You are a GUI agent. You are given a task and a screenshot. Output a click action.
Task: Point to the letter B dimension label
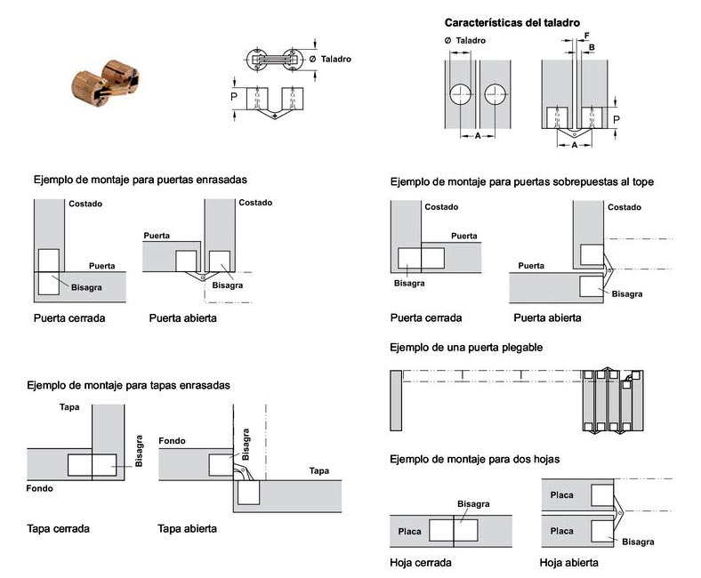592,47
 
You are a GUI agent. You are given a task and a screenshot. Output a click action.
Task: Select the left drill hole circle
463,95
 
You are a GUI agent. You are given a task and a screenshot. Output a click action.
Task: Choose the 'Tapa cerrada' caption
59,528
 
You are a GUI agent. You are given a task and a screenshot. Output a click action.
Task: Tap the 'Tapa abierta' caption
188,528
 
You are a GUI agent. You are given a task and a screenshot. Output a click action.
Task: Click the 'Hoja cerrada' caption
421,562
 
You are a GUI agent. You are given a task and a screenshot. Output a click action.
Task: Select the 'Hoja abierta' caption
568,562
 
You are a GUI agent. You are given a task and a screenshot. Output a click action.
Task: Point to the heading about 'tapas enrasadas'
129,385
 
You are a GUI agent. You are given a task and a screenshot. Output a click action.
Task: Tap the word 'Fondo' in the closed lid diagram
40,489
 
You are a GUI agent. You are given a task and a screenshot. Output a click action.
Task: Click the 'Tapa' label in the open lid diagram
319,470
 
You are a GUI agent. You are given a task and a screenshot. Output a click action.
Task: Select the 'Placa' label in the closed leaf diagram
410,531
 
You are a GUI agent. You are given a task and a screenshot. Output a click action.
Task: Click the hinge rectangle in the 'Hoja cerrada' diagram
454,530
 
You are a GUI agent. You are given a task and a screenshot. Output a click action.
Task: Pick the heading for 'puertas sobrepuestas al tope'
522,182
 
